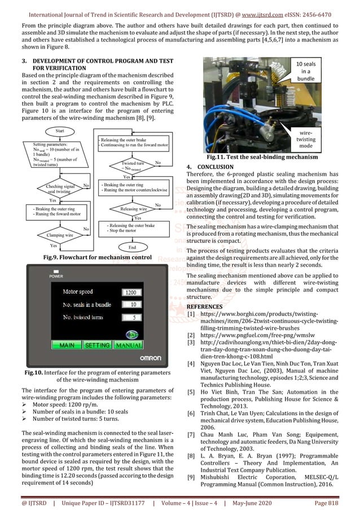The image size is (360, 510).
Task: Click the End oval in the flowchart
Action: pyautogui.click(x=133, y=247)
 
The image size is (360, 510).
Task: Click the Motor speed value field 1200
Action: pyautogui.click(x=130, y=292)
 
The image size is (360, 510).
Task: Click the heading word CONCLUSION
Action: pyautogui.click(x=214, y=167)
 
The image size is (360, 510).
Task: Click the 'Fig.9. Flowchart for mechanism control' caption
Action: pyautogui.click(x=92, y=258)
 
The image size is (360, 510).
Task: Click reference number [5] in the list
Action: pyautogui.click(x=191, y=391)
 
